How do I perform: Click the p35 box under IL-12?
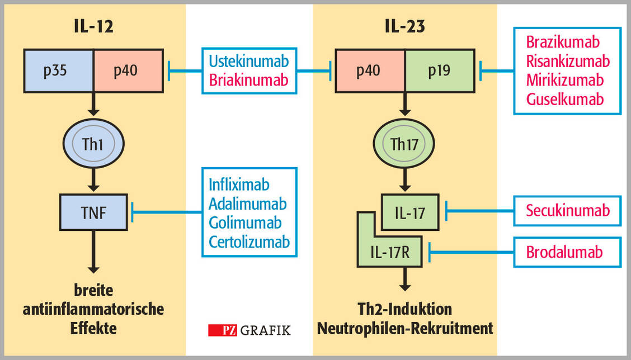(x=58, y=70)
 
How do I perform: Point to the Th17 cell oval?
(x=404, y=144)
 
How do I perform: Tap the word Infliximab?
(x=239, y=184)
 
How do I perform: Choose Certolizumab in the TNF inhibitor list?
(x=249, y=241)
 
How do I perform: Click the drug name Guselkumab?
(x=565, y=100)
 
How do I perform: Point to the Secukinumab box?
(x=567, y=210)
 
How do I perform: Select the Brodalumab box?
(x=567, y=252)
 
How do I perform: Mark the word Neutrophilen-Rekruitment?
(x=405, y=328)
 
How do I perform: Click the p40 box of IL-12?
(x=128, y=70)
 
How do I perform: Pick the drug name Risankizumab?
(x=568, y=60)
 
